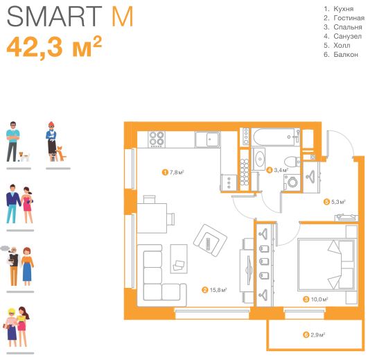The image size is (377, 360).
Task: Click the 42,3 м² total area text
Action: point(54,46)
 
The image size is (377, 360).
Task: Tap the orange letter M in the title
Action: point(123,17)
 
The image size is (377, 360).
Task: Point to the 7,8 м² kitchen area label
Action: point(173,172)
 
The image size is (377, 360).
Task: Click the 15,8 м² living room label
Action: point(214,290)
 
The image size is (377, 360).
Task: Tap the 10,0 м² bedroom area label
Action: point(316,300)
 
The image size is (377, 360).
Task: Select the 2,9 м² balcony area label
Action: point(314,335)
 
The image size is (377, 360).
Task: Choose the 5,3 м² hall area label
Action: point(335,202)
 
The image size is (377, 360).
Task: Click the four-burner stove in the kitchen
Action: point(157,139)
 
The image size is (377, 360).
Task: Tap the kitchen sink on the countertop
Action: point(207,139)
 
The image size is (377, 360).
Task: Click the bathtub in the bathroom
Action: point(276,137)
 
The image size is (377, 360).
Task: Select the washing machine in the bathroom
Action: point(292,182)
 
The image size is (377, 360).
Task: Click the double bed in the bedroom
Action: point(326,265)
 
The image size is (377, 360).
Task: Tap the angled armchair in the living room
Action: point(211,241)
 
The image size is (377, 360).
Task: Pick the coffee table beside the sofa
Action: point(179,259)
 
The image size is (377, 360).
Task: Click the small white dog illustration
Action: point(24,157)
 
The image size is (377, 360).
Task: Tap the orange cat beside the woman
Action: point(61,153)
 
